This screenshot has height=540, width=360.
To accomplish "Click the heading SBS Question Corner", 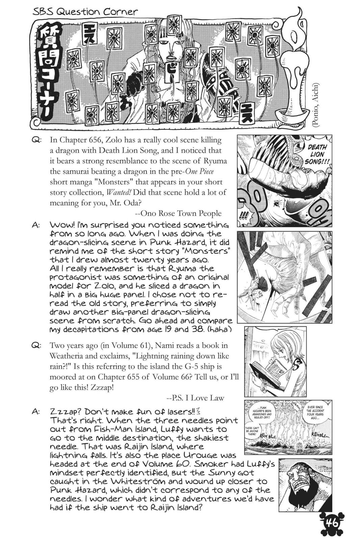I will (85, 12).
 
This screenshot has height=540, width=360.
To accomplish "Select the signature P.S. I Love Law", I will (195, 398).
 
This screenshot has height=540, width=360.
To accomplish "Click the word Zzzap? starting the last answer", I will (65, 412).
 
